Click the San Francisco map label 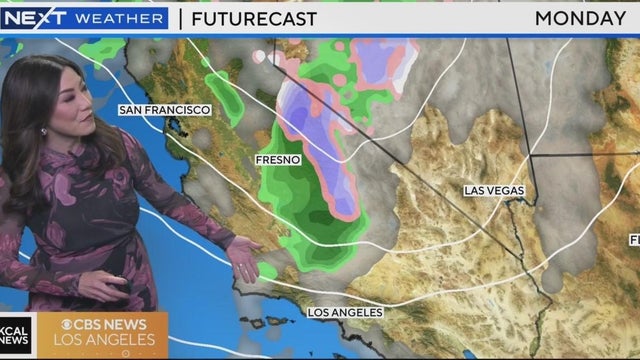click(164, 109)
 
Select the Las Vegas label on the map click(494, 190)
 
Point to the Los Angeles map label click(344, 313)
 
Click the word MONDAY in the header click(579, 18)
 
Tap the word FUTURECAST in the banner click(255, 18)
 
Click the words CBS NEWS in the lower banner click(103, 325)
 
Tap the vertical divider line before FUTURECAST click(180, 18)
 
